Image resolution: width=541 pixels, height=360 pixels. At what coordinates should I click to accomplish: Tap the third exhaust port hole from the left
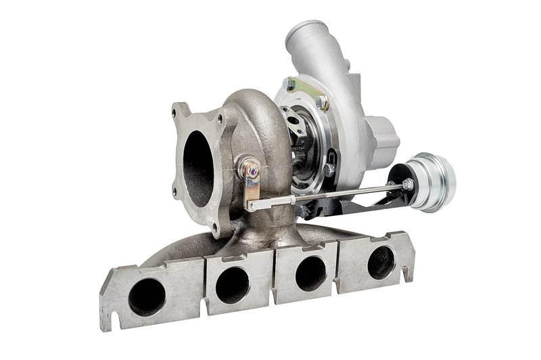(310, 273)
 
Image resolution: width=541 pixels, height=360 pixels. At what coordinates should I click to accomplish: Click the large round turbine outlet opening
(197, 168)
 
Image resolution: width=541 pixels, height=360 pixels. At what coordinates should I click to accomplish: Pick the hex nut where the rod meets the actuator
(407, 184)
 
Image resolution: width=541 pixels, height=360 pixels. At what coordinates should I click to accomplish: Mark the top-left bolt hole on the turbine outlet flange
(180, 111)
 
